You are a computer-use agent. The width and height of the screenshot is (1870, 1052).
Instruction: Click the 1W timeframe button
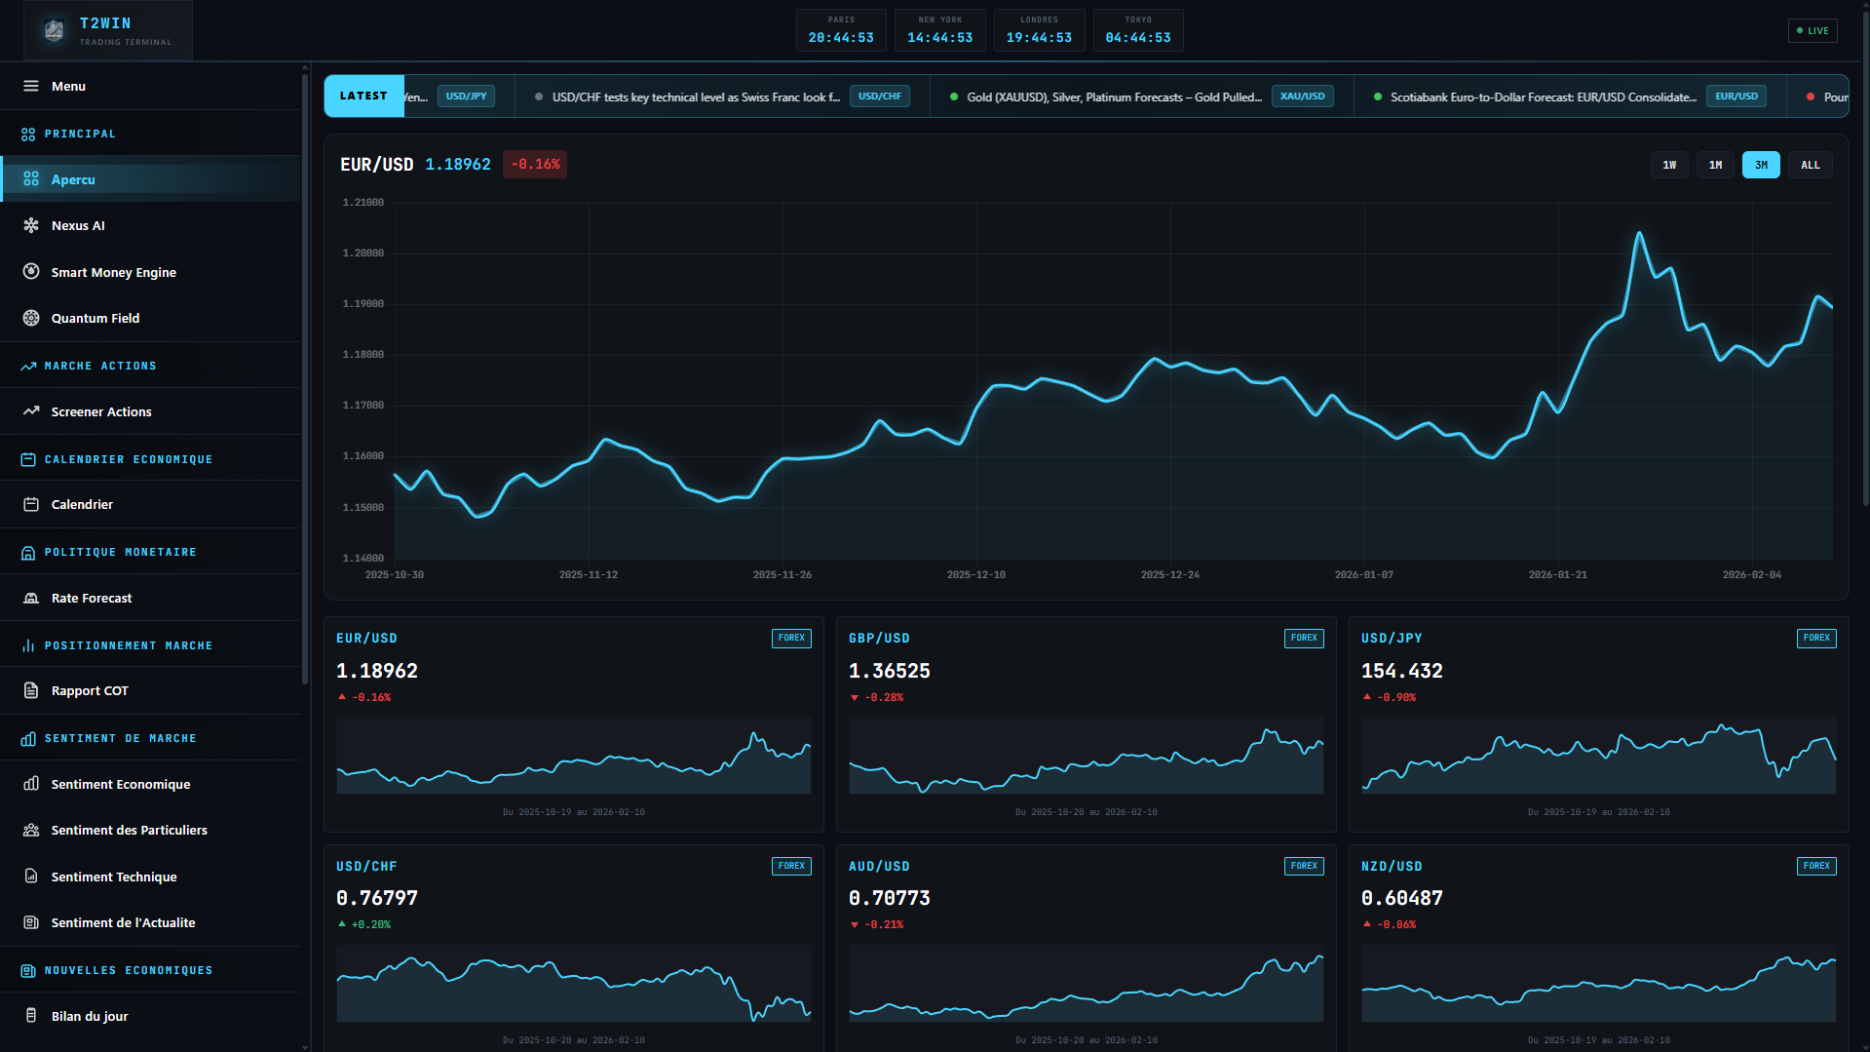pos(1669,165)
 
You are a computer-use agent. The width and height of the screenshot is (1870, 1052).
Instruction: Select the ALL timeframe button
pos(1810,165)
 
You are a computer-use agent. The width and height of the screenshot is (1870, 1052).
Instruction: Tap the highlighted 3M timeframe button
pos(1761,165)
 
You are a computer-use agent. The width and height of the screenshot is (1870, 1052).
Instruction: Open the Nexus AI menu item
pos(78,225)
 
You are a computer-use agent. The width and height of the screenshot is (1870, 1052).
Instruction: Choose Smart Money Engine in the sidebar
pos(113,272)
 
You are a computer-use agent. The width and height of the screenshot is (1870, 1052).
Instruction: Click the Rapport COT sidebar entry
pos(90,690)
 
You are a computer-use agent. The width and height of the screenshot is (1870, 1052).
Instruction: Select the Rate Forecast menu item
pos(92,598)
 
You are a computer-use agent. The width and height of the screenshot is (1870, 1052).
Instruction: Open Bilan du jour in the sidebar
pos(90,1016)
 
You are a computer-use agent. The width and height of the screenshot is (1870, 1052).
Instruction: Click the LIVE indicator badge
pos(1813,30)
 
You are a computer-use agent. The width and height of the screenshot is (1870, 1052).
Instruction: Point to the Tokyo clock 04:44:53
pos(1137,37)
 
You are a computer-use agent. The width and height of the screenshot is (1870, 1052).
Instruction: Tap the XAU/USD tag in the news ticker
pos(1302,97)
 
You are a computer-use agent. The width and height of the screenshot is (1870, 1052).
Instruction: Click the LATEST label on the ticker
pos(363,96)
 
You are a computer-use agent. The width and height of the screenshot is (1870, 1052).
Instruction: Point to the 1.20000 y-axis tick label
pos(363,253)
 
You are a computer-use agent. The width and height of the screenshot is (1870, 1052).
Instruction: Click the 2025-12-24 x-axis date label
pos(1169,574)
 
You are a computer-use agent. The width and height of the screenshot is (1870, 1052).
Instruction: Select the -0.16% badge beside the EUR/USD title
pos(535,164)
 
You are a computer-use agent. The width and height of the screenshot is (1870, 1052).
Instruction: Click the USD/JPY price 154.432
pos(1401,671)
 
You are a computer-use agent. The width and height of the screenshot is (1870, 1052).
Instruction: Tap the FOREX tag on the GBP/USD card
pos(1303,638)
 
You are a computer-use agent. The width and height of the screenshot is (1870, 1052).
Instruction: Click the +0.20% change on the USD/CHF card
pos(370,924)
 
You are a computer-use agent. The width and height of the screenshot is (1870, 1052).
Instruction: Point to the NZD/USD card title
pos(1391,866)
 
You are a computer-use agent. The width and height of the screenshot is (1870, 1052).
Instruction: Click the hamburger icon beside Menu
pos(31,86)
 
